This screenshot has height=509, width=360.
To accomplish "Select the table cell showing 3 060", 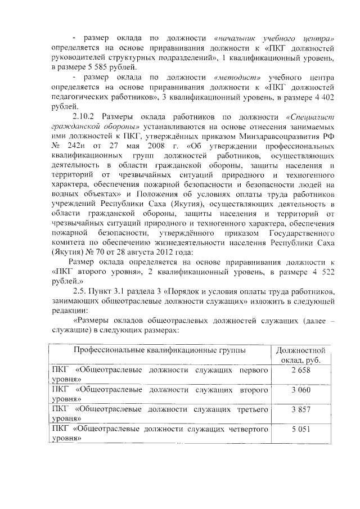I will [x=301, y=389].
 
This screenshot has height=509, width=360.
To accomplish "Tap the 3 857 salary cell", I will [x=301, y=409].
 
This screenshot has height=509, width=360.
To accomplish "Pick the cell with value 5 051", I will [x=301, y=429].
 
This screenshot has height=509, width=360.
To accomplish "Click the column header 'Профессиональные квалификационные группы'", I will [x=159, y=350].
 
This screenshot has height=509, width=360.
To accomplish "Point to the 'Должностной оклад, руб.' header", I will [x=301, y=355].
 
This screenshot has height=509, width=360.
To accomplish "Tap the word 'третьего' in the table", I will [x=251, y=409].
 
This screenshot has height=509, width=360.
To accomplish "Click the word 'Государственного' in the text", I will [x=300, y=232].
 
